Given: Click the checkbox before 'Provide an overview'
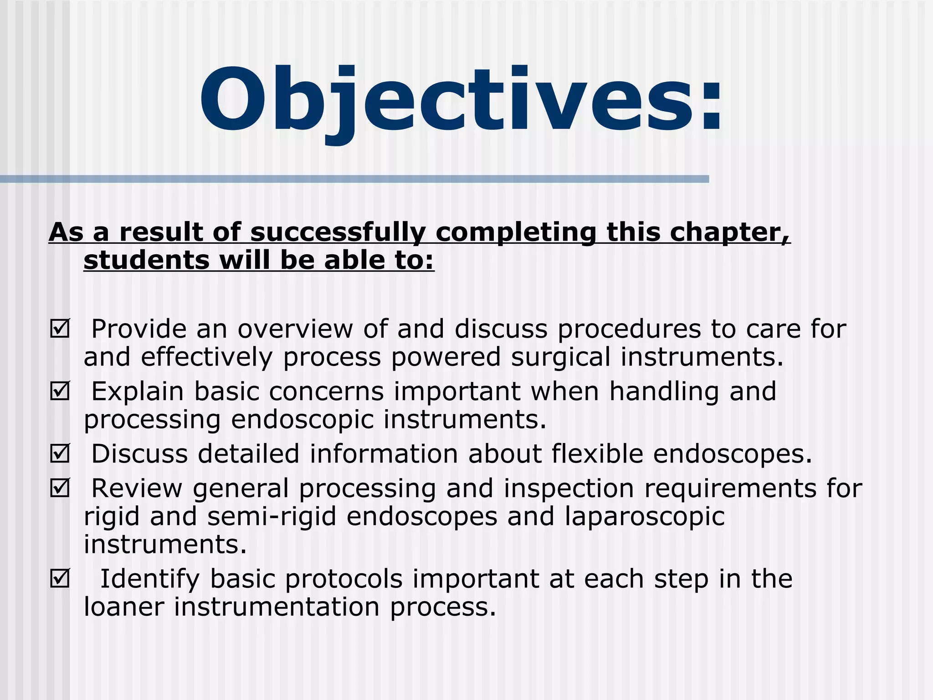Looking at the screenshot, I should [60, 329].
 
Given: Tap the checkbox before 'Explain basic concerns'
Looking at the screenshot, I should [60, 391].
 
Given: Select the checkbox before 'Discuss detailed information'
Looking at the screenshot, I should [60, 454].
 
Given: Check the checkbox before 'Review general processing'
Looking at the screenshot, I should [60, 488].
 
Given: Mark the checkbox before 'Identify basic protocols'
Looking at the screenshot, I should [60, 579].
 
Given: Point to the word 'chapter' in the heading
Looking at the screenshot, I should [729, 232].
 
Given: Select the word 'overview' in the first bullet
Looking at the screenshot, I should [295, 329].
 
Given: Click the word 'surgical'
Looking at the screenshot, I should [560, 357].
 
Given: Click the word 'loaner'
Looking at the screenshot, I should [123, 607].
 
